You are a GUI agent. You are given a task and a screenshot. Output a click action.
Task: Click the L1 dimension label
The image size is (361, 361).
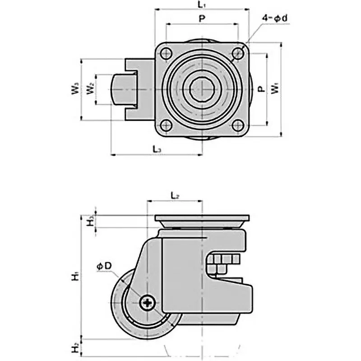[202, 5]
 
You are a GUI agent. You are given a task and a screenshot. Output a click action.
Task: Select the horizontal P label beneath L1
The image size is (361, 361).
[202, 19]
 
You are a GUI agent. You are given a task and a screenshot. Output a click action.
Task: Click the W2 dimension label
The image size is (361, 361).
[91, 89]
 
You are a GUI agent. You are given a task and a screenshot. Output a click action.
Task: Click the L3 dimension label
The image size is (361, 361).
[156, 148]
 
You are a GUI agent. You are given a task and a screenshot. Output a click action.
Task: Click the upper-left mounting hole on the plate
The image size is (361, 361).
[166, 53]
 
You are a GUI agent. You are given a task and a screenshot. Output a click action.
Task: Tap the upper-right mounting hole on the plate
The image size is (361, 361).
[237, 53]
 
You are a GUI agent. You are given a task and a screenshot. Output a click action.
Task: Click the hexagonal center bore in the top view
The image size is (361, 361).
[201, 89]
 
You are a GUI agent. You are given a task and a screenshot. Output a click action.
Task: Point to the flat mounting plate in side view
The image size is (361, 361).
[202, 218]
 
